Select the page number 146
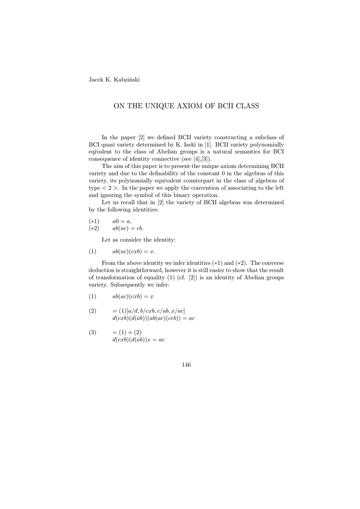pyautogui.click(x=186, y=364)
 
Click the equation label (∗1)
pyautogui.click(x=94, y=221)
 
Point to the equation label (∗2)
pyautogui.click(x=94, y=228)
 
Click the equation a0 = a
pyautogui.click(x=122, y=221)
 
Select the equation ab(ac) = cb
pyautogui.click(x=128, y=228)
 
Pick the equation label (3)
pyautogui.click(x=92, y=332)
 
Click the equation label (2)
pyautogui.click(x=92, y=311)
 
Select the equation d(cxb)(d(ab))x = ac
pyautogui.click(x=139, y=339)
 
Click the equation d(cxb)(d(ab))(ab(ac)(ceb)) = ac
pyautogui.click(x=154, y=318)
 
